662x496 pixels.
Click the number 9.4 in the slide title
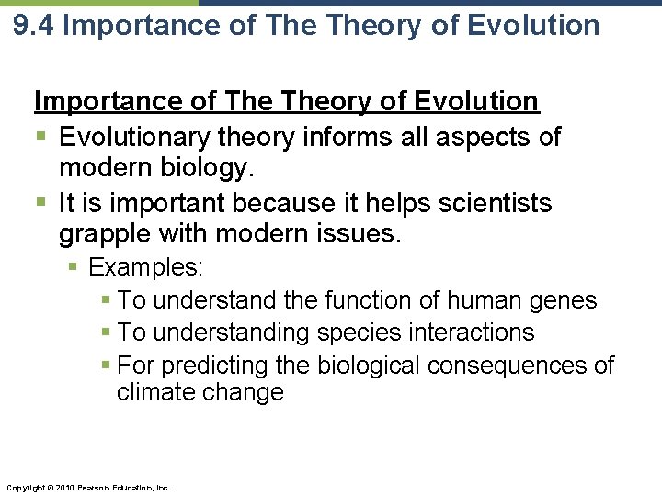pyautogui.click(x=34, y=25)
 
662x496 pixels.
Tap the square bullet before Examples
pyautogui.click(x=75, y=268)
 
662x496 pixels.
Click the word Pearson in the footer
pyautogui.click(x=92, y=488)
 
